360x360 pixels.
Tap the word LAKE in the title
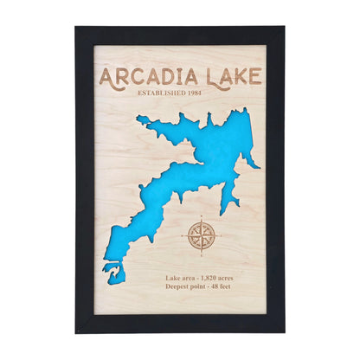231,76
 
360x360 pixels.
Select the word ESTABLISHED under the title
165,93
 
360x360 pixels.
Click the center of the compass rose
200,235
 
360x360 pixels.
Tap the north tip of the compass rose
200,216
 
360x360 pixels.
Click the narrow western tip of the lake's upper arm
139,119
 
